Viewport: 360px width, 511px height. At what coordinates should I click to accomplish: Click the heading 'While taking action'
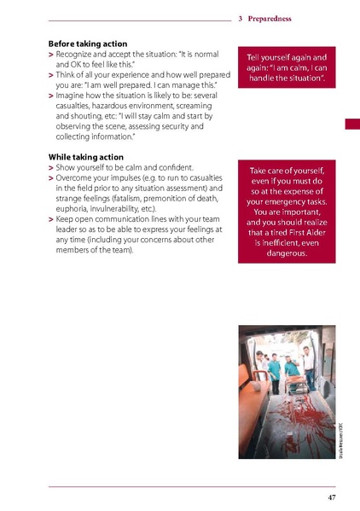[x=86, y=157]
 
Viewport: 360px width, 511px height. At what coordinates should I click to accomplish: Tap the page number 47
[x=331, y=496]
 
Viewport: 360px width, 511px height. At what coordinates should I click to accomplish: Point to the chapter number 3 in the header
[x=241, y=18]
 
